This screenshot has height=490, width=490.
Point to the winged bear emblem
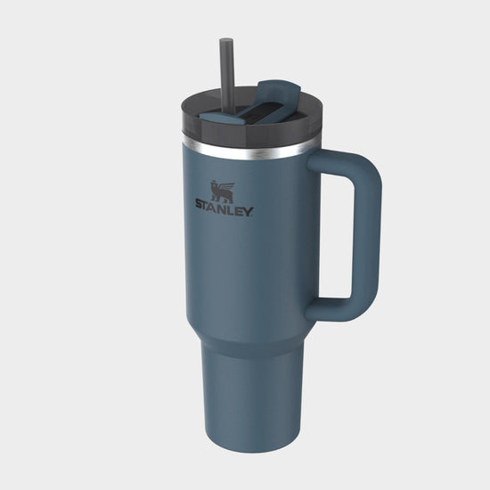(222, 191)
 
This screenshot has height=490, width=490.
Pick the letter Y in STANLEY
(249, 212)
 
